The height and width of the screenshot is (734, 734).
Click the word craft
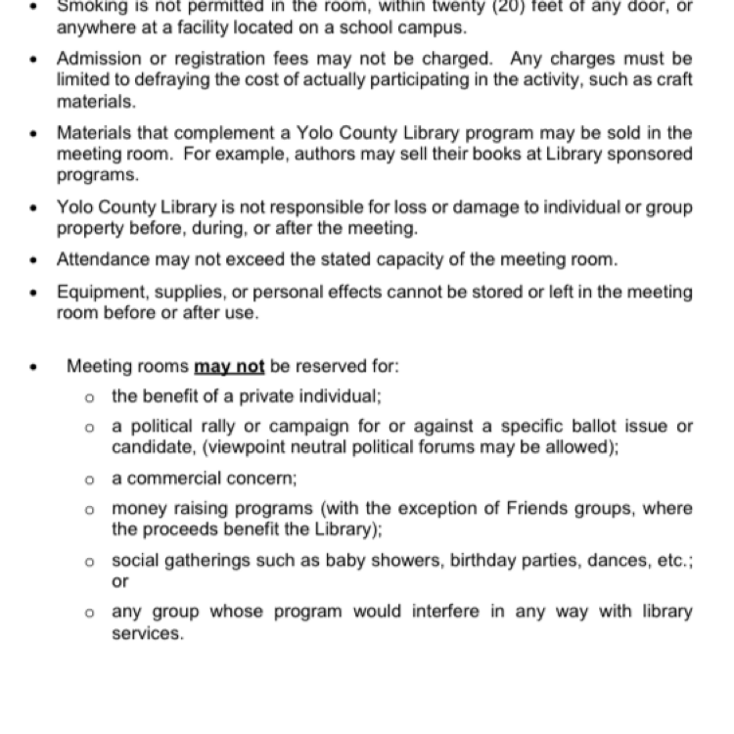point(670,79)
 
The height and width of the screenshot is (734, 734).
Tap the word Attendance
point(104,259)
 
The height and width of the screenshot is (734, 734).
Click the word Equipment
point(101,292)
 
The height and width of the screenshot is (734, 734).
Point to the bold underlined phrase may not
point(229,367)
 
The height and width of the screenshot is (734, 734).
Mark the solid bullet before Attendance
point(34,260)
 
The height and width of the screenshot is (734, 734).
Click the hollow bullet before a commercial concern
point(90,480)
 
